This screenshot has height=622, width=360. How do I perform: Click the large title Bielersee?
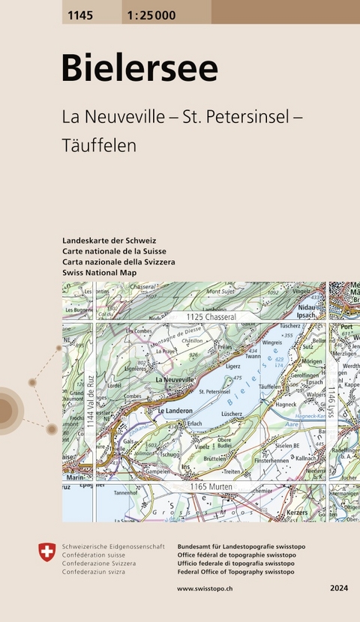pos(139,68)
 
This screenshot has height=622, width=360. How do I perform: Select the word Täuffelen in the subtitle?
pos(100,145)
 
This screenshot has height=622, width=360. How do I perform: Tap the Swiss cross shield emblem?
pos(46,553)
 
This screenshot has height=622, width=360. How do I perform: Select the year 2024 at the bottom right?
pos(338,590)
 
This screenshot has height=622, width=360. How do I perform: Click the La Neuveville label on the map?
pos(177,381)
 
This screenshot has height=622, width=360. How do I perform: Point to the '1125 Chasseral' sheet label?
pos(211,318)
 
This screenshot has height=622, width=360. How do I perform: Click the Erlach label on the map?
pos(195,423)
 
